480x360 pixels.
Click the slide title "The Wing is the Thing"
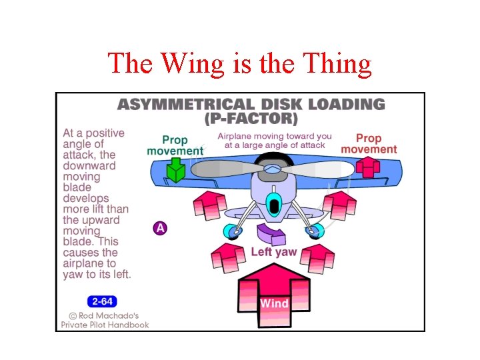pos(240,63)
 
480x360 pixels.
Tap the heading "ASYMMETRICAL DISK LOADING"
pos(251,105)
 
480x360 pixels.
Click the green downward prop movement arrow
pos(175,171)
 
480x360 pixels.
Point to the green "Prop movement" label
pos(175,145)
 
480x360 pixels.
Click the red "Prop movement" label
pos(369,144)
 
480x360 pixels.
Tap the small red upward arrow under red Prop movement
pos(367,166)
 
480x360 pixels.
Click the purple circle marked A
pos(160,228)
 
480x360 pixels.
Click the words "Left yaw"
pos(274,252)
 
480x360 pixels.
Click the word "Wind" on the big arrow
pos(274,303)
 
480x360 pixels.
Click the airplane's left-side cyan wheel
pos(232,231)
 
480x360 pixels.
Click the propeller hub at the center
pos(271,169)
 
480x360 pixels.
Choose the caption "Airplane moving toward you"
pos(275,136)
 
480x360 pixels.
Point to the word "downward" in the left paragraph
pos(89,165)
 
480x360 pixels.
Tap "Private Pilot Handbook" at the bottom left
pos(105,325)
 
